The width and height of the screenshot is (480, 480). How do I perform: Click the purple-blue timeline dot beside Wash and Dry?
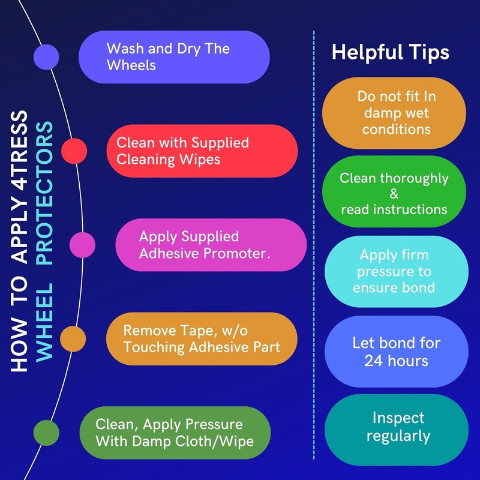point(46,57)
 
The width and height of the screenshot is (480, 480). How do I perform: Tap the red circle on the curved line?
point(74,150)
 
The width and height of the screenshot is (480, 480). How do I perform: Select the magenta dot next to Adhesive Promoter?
point(82,244)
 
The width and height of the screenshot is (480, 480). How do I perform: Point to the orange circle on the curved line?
point(73,338)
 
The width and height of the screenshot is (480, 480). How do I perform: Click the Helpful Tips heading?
point(390,53)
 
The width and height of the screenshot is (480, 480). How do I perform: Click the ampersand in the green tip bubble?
point(394,194)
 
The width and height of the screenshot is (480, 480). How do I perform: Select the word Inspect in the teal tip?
point(398,418)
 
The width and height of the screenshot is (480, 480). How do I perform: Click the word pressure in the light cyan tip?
point(394,271)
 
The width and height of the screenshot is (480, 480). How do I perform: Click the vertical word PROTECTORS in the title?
point(44,193)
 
